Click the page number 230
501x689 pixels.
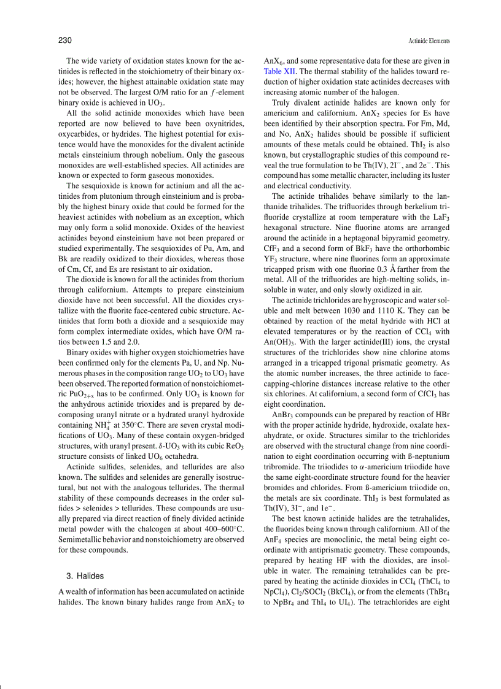click(x=66, y=40)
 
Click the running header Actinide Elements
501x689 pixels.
click(x=429, y=41)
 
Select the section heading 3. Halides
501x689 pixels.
click(x=85, y=576)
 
